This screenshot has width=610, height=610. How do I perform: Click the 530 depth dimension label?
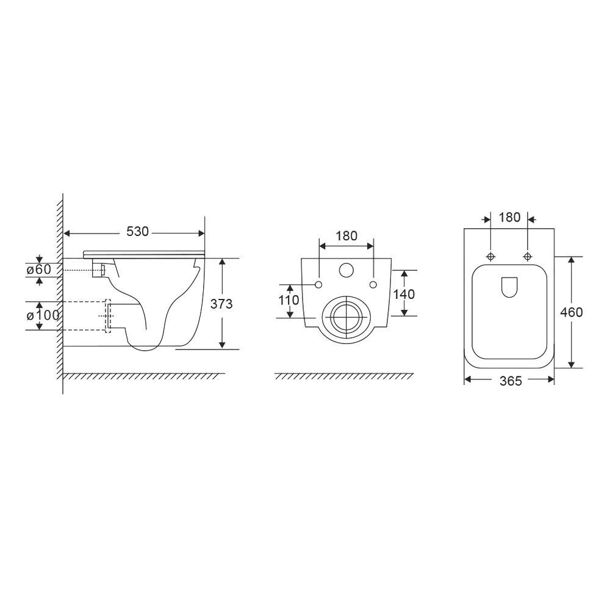click(138, 231)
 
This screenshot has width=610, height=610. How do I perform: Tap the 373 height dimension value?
click(221, 303)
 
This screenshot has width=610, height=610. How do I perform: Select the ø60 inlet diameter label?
click(39, 269)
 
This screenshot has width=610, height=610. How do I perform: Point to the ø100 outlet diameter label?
click(43, 315)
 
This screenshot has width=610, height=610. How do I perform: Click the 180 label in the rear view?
click(346, 235)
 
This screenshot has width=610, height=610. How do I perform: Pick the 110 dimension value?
click(289, 300)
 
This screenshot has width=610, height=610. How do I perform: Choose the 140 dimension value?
click(404, 294)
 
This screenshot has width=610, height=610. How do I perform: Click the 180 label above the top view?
click(509, 217)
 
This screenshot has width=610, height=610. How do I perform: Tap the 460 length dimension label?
click(571, 312)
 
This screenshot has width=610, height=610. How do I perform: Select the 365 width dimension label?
click(511, 381)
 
